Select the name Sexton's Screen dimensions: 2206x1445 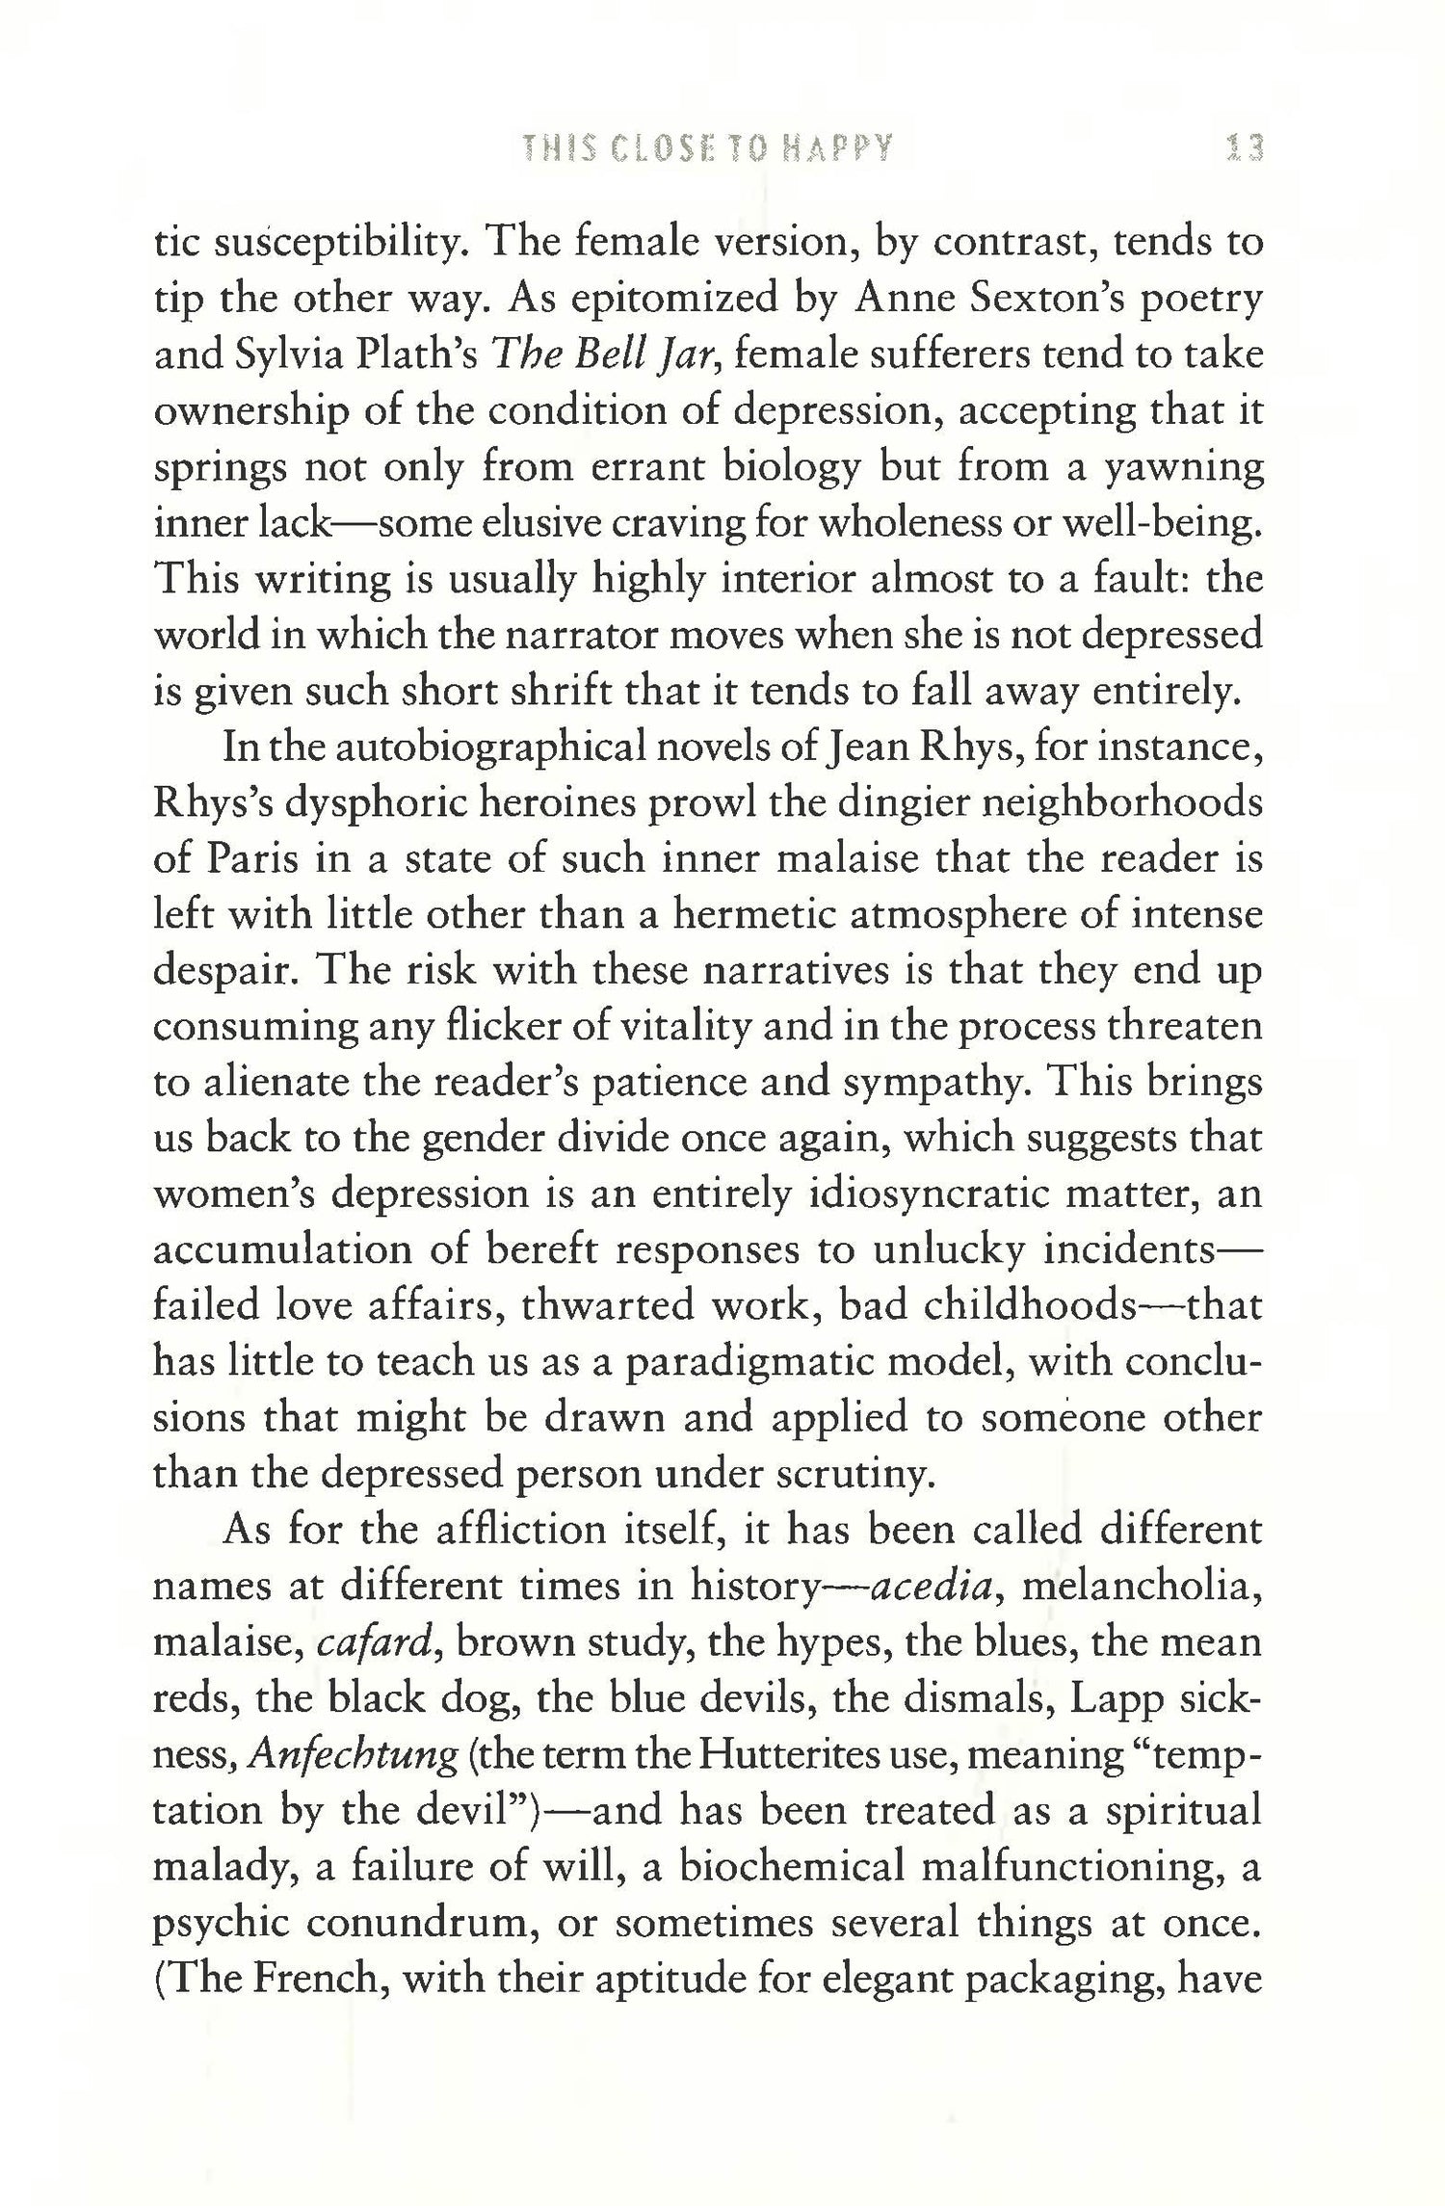pos(1059,300)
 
